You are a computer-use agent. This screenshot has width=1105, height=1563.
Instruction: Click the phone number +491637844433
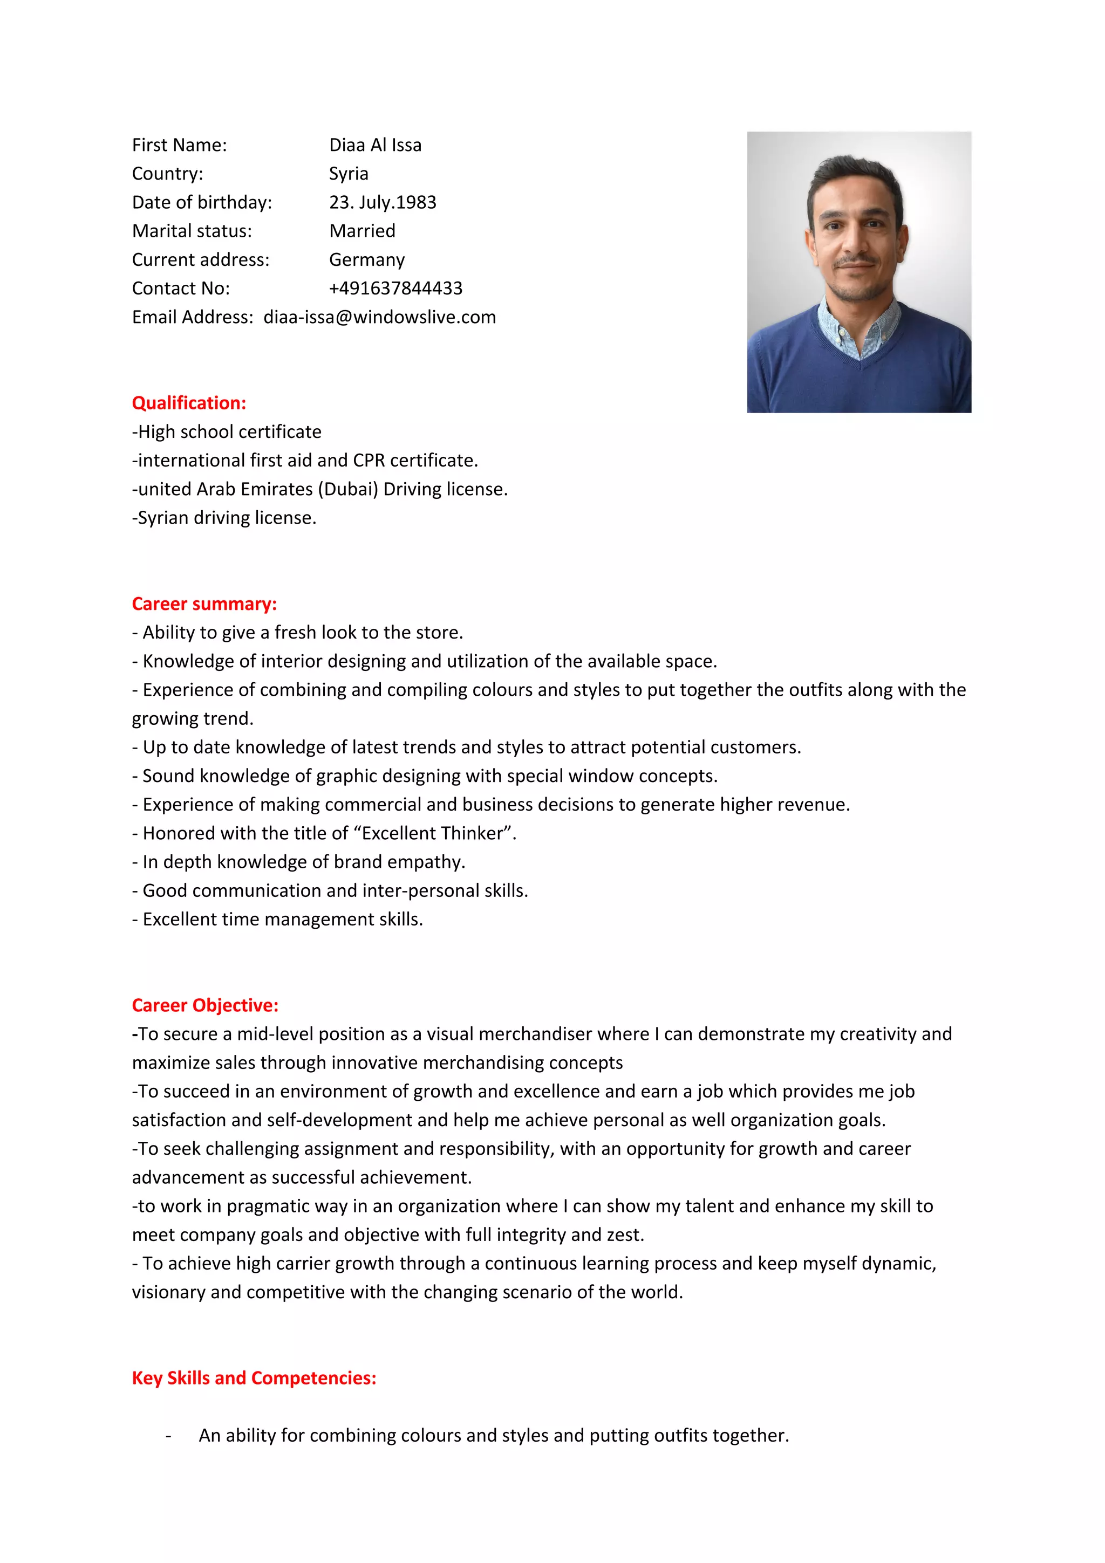(x=395, y=288)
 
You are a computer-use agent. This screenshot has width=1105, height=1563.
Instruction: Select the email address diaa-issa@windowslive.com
(x=379, y=317)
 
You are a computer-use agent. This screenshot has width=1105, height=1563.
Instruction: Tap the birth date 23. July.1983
(x=383, y=202)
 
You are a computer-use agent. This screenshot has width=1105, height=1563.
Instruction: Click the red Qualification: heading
(x=189, y=403)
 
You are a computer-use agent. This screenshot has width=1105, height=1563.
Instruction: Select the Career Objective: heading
(x=205, y=1005)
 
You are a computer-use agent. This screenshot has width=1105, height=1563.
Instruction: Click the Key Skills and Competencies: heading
(x=254, y=1378)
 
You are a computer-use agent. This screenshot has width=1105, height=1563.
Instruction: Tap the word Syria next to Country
(x=349, y=174)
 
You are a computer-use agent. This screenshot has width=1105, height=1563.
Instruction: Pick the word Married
(x=362, y=231)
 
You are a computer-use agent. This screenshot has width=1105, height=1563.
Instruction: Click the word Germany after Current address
(x=367, y=259)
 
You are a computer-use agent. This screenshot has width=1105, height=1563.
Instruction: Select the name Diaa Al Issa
(x=375, y=145)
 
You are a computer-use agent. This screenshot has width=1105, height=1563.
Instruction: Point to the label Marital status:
(x=192, y=231)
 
